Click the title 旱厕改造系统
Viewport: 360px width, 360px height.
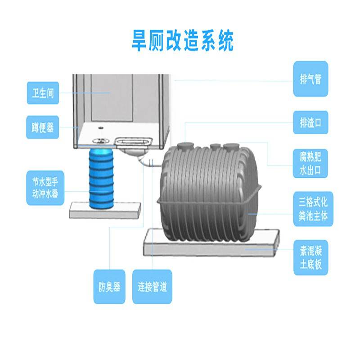(x=183, y=41)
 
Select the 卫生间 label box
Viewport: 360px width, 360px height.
(x=43, y=94)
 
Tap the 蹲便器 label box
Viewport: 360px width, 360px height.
(x=43, y=128)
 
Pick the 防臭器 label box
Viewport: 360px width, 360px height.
(x=109, y=287)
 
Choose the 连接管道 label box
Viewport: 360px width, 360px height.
(x=152, y=287)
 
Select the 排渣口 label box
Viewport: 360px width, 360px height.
(x=310, y=122)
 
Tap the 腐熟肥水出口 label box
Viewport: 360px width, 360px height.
(x=310, y=164)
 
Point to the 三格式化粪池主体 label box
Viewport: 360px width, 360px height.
(x=310, y=207)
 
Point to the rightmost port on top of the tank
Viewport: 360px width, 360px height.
(x=233, y=147)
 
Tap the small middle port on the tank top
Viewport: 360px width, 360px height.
(x=215, y=146)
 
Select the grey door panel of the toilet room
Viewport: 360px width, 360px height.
(x=111, y=97)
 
